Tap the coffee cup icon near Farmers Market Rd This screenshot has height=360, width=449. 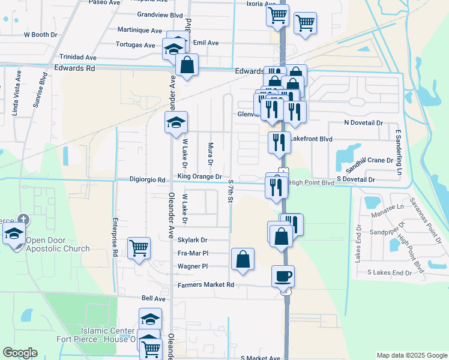(283, 276)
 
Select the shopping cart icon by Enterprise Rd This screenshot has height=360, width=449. (139, 247)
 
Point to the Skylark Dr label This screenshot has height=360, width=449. (192, 239)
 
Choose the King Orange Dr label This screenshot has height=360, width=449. (199, 177)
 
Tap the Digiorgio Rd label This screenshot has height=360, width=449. (148, 179)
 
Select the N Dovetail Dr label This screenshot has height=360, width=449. (363, 123)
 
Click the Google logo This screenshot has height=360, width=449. (20, 353)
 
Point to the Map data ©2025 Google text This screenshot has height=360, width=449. (412, 355)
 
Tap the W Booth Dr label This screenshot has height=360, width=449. (40, 35)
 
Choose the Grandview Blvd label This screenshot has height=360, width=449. (160, 14)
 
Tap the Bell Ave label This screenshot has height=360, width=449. (153, 298)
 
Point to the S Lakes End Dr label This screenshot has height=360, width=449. (390, 273)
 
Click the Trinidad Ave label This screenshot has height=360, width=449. (74, 58)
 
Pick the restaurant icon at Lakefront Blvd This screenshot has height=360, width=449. (279, 142)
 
